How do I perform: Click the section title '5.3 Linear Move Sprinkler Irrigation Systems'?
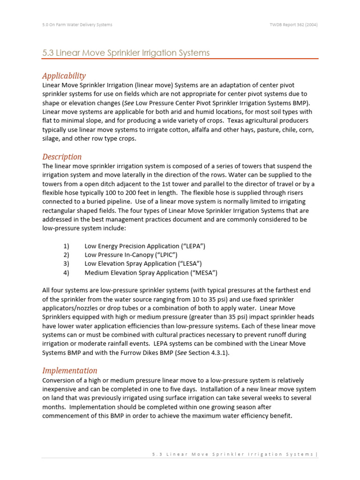(126, 53)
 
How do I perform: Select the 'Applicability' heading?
(64, 76)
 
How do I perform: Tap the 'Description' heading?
(62, 157)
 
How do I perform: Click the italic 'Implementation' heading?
(70, 370)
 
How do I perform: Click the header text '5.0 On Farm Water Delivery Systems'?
(77, 25)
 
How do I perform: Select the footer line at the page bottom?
(234, 454)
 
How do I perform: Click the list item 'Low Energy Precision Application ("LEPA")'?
(144, 246)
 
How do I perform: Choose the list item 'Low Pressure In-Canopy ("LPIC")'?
(130, 255)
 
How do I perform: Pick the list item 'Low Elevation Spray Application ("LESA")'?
(143, 264)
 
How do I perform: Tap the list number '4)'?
(66, 273)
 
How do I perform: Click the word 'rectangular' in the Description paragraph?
(60, 210)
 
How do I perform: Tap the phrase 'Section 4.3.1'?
(207, 353)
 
